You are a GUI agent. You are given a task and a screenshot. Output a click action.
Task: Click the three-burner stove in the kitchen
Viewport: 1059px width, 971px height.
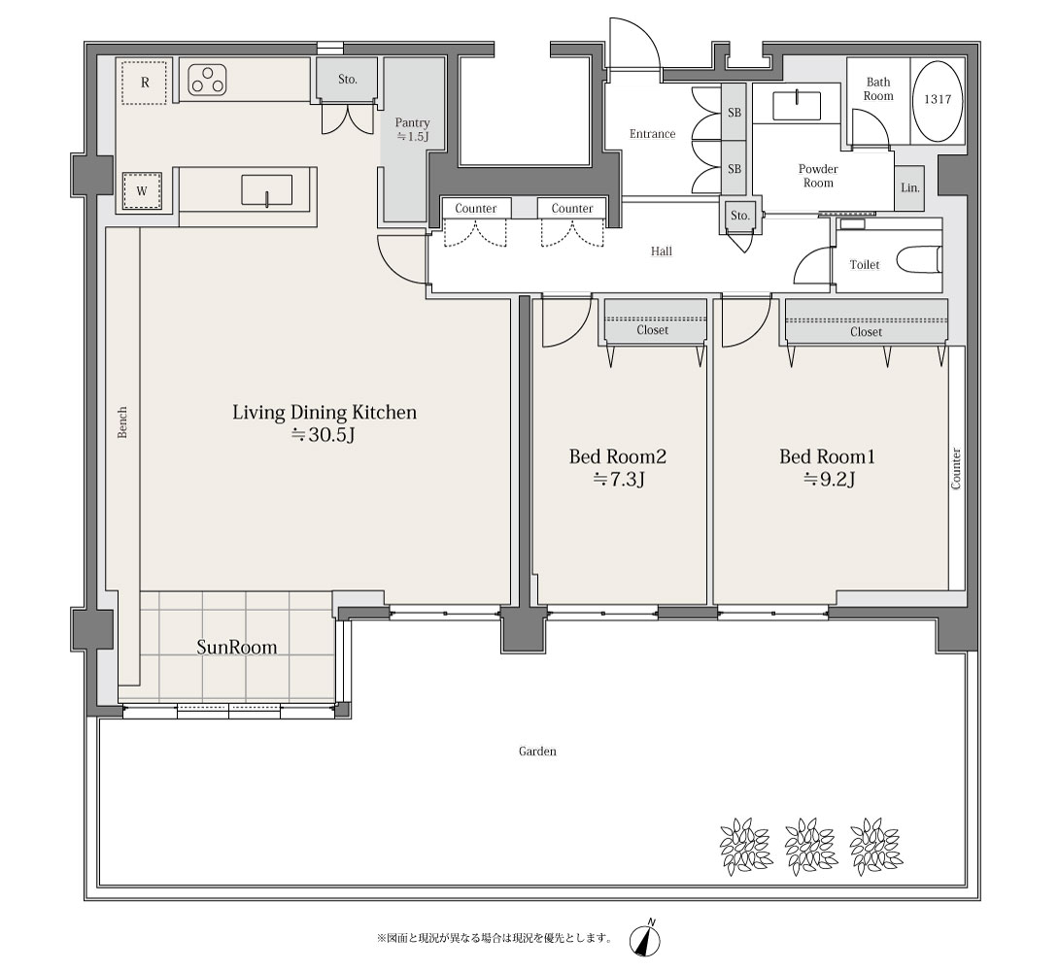tap(208, 80)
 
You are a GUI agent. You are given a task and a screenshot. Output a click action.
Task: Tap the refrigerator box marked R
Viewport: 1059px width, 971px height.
tap(145, 82)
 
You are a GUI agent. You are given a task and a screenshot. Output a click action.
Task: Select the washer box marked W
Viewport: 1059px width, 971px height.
tap(142, 191)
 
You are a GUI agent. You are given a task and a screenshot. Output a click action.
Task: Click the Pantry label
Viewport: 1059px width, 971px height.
tap(412, 122)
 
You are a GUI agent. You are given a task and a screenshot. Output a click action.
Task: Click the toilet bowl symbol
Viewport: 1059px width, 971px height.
tap(919, 260)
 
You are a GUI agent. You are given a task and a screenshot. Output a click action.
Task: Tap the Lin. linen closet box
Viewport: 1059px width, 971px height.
tap(909, 187)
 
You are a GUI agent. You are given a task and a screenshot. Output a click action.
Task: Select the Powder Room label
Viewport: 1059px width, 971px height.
tap(818, 176)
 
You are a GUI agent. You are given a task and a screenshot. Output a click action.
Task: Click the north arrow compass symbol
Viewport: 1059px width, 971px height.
tap(645, 939)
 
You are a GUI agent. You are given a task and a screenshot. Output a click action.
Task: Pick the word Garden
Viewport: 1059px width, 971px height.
tap(537, 751)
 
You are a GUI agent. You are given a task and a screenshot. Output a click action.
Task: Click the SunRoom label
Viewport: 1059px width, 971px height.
tap(236, 647)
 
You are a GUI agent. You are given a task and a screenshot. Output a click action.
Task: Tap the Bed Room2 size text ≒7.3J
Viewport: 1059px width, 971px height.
tap(618, 480)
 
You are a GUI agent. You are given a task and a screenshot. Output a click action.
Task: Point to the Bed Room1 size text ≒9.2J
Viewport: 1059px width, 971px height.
tap(829, 480)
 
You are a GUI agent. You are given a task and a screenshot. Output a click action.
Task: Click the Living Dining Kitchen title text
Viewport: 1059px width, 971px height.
tap(325, 413)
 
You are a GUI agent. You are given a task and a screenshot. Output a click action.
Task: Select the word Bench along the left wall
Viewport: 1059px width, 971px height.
tap(122, 422)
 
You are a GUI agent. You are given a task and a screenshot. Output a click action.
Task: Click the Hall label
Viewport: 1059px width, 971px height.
tap(662, 251)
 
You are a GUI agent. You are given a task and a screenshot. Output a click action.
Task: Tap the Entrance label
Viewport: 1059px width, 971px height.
tap(652, 134)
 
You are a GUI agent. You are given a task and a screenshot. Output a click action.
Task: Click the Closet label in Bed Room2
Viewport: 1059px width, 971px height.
tap(652, 330)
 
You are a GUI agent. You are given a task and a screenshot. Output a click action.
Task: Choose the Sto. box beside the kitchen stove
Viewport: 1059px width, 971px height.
tap(347, 80)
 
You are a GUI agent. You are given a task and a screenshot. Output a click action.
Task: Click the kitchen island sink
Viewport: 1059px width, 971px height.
tap(267, 189)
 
